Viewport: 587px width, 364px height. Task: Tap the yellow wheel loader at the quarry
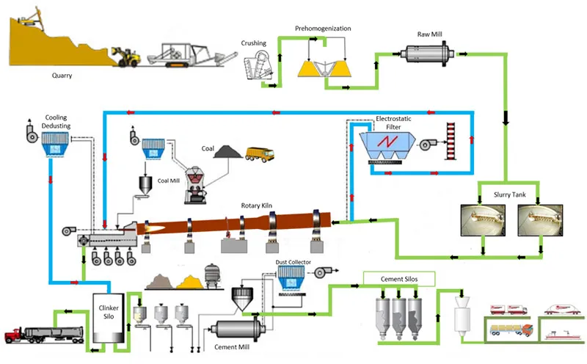[125, 57]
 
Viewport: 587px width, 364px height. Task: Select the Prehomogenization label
[323, 29]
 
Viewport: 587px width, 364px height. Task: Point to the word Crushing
[254, 43]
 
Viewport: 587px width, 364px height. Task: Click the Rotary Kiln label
[258, 205]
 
